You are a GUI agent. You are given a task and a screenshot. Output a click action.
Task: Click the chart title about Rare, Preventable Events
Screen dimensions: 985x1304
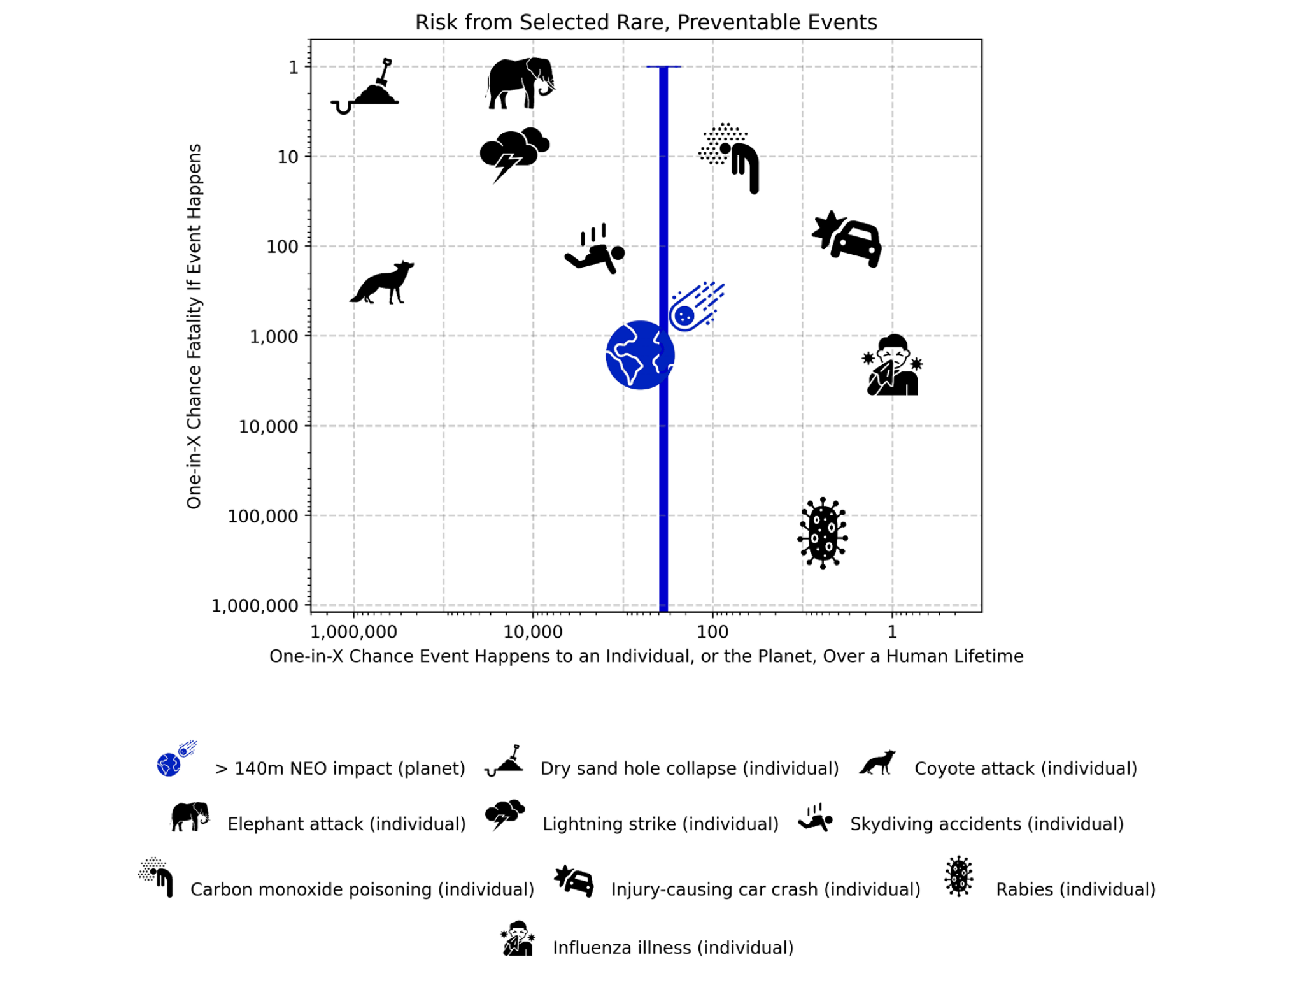point(646,22)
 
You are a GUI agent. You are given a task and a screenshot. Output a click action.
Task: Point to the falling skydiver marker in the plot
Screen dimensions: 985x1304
point(595,250)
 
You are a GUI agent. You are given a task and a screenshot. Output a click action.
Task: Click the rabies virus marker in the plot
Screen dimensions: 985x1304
point(823,533)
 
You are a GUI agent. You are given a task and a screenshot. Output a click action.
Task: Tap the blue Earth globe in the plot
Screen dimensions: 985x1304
point(639,355)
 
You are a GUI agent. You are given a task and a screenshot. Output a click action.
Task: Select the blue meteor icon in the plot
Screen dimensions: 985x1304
point(695,307)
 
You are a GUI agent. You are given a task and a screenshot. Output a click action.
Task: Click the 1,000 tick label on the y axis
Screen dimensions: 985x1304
point(273,336)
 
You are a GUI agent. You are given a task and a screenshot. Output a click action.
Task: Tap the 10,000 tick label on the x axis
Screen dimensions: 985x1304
point(533,632)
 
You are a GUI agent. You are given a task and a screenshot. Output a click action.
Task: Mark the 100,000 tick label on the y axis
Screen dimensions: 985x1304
point(262,516)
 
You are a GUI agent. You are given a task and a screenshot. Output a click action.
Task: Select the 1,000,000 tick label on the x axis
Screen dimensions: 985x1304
point(354,632)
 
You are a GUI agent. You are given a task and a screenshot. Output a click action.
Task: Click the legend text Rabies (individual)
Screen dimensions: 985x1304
point(1075,889)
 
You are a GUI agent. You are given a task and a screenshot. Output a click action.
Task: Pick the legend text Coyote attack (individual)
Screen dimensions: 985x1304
point(1025,768)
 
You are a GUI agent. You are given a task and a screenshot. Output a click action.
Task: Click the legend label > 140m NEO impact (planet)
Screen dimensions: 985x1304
point(340,768)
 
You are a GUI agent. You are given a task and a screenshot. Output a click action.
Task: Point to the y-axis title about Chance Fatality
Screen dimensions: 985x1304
point(194,326)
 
